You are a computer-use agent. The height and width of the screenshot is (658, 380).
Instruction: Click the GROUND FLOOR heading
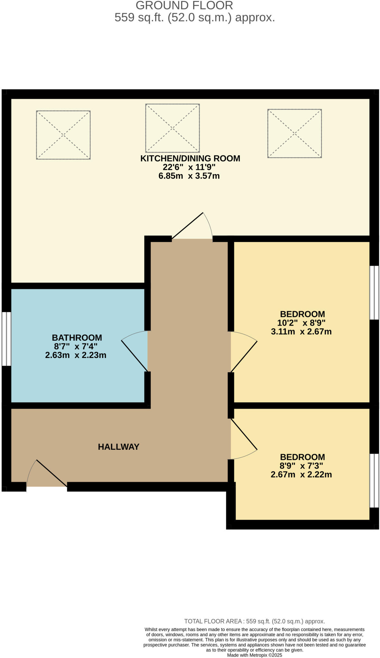coord(184,5)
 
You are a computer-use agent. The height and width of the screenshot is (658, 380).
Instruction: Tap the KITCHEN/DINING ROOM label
coord(190,158)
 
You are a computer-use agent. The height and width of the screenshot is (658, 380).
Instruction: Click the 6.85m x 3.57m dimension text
coord(189,176)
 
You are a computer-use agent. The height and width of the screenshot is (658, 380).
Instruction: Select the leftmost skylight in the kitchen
coord(63,135)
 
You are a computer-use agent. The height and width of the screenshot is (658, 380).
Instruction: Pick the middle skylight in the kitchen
coord(172,128)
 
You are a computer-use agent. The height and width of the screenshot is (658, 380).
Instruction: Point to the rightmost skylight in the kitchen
coord(294,133)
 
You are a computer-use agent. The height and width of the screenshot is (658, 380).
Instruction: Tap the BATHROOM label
coord(77,338)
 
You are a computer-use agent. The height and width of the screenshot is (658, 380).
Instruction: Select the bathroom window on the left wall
coord(6,339)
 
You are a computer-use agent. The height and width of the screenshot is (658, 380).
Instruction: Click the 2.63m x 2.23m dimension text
coord(76,355)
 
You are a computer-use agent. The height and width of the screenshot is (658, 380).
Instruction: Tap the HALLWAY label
coord(118,447)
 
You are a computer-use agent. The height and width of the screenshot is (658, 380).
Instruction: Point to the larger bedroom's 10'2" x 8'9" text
coord(301,323)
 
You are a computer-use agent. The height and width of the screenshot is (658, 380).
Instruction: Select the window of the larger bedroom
coord(374,292)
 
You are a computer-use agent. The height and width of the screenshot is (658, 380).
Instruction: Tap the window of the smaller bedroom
coord(374,480)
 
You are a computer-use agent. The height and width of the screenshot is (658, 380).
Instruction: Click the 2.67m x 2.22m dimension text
coord(301,475)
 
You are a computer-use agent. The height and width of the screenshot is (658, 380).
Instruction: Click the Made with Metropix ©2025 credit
coord(254,655)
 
